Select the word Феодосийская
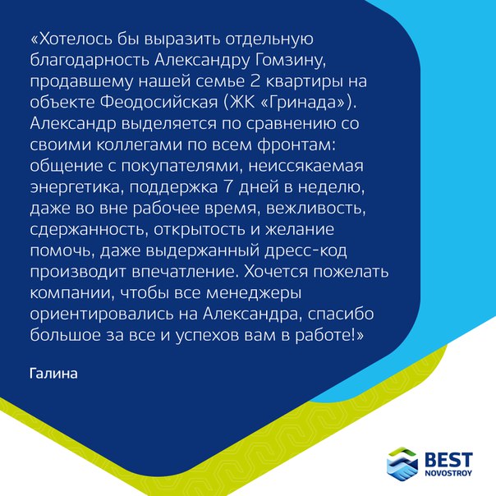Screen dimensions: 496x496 [x=159, y=103]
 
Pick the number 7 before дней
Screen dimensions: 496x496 [x=228, y=187]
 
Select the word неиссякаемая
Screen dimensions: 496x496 [x=305, y=166]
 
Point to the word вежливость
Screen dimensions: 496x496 [x=316, y=209]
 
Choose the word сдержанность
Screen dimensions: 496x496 [x=90, y=230]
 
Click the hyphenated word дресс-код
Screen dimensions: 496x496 [x=305, y=251]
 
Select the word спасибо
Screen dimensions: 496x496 [x=341, y=315]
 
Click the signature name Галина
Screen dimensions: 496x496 [x=53, y=374]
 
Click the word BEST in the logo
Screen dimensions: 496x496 [x=449, y=460]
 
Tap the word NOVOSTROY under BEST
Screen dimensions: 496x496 [x=448, y=473]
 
